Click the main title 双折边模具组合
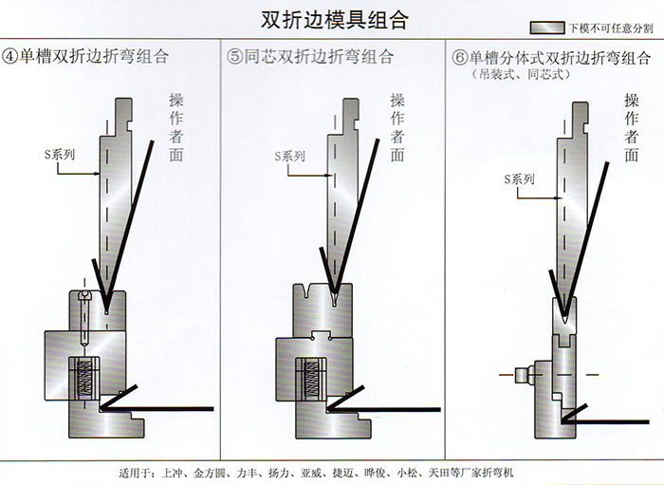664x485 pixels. tap(333, 19)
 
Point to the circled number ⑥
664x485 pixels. tap(459, 56)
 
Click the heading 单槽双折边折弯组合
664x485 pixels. tap(95, 56)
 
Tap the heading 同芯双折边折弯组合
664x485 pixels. tap(318, 56)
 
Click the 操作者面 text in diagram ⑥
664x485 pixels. tap(630, 128)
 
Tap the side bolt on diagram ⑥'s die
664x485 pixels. tap(520, 372)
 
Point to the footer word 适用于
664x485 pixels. tap(136, 471)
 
